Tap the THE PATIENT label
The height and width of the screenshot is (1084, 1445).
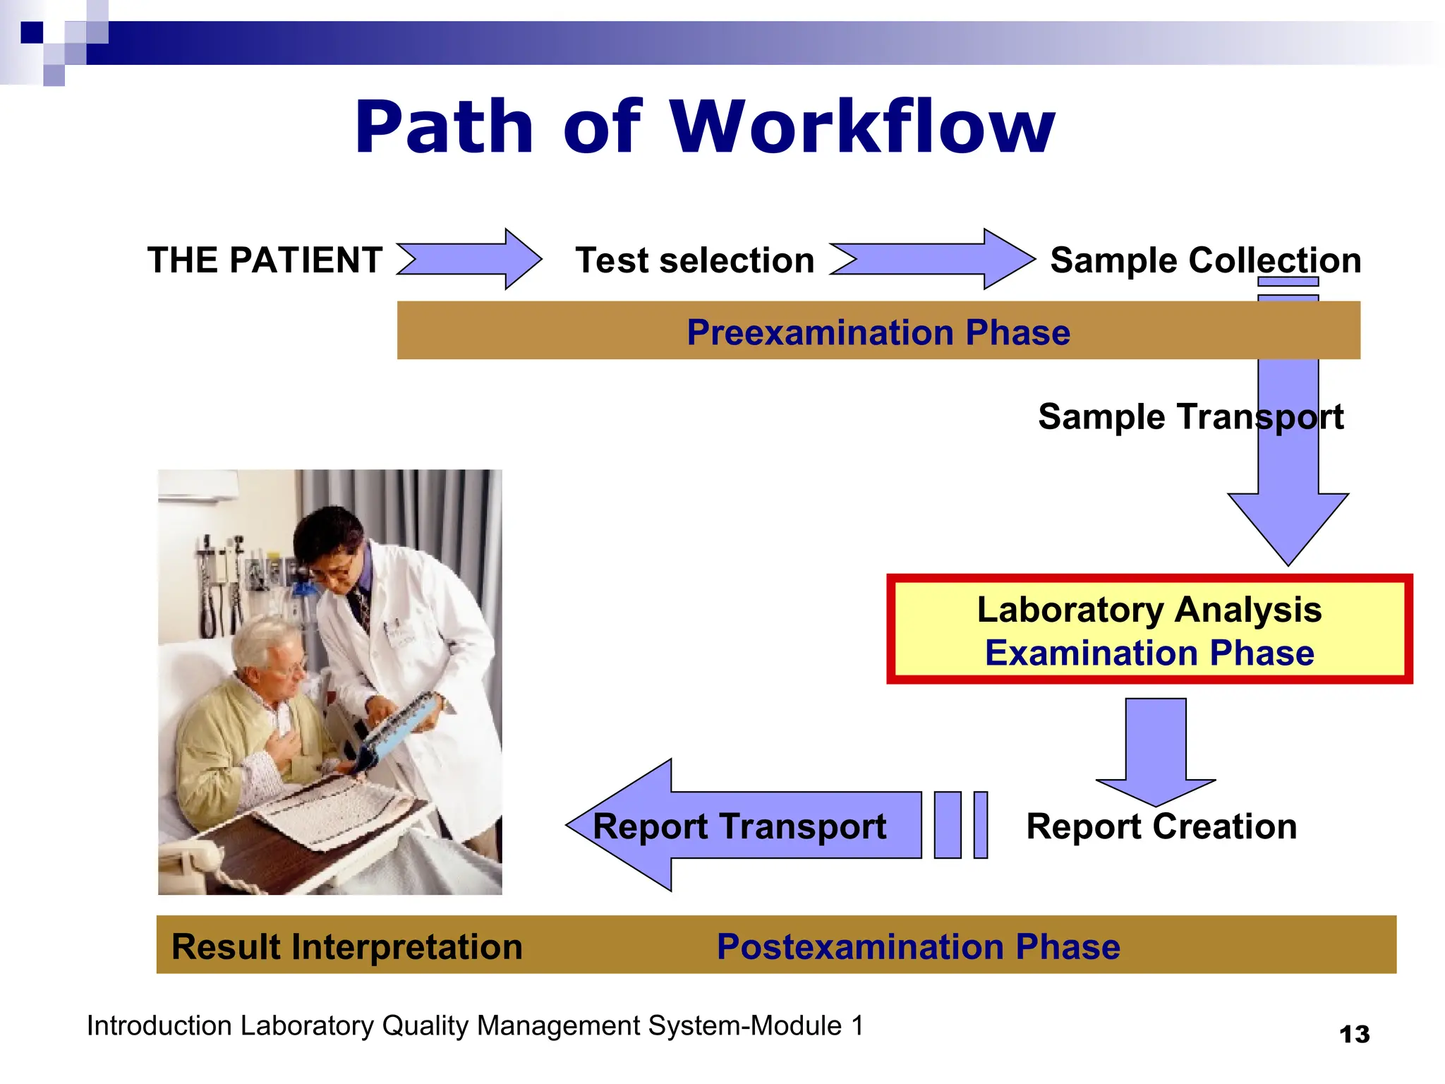[x=265, y=260]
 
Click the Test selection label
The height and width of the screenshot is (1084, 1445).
[x=694, y=260]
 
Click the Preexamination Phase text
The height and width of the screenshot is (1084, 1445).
[x=878, y=332]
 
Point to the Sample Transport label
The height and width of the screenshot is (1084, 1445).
[x=1190, y=416]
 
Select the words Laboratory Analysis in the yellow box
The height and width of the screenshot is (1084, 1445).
[x=1149, y=609]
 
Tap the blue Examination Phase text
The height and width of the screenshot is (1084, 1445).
[x=1149, y=653]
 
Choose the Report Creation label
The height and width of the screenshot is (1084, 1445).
[x=1161, y=826]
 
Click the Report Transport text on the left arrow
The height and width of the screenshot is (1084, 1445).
[x=739, y=826]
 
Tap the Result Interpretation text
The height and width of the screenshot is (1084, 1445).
[x=346, y=946]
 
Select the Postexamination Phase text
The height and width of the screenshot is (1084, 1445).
[x=918, y=946]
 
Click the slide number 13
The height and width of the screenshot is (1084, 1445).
[x=1354, y=1035]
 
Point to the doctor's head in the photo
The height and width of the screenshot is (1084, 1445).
[x=329, y=543]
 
